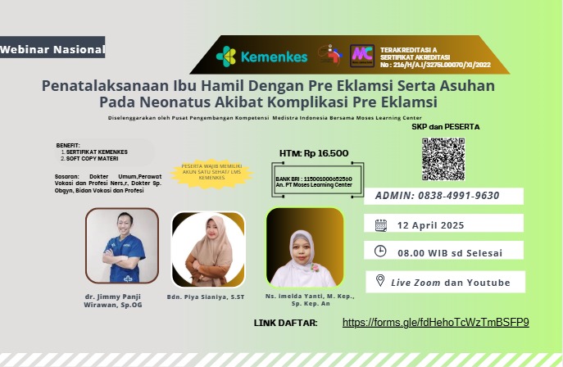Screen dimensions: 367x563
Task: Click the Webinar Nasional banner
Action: [52, 49]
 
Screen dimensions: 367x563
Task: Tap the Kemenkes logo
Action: [261, 57]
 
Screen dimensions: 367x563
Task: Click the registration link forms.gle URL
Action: [435, 322]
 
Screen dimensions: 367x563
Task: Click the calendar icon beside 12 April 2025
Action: [380, 224]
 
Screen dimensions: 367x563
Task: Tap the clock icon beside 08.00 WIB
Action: [380, 251]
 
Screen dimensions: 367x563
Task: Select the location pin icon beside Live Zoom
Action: [380, 280]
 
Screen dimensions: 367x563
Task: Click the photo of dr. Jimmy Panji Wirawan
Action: [122, 245]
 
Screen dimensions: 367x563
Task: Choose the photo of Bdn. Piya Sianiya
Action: [207, 248]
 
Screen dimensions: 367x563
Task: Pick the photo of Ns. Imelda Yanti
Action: [304, 247]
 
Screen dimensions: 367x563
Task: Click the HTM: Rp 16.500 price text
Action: [314, 152]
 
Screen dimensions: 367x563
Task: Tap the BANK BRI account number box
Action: [314, 181]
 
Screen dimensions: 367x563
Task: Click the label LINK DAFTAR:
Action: [285, 323]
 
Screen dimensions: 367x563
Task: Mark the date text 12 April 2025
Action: [431, 225]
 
